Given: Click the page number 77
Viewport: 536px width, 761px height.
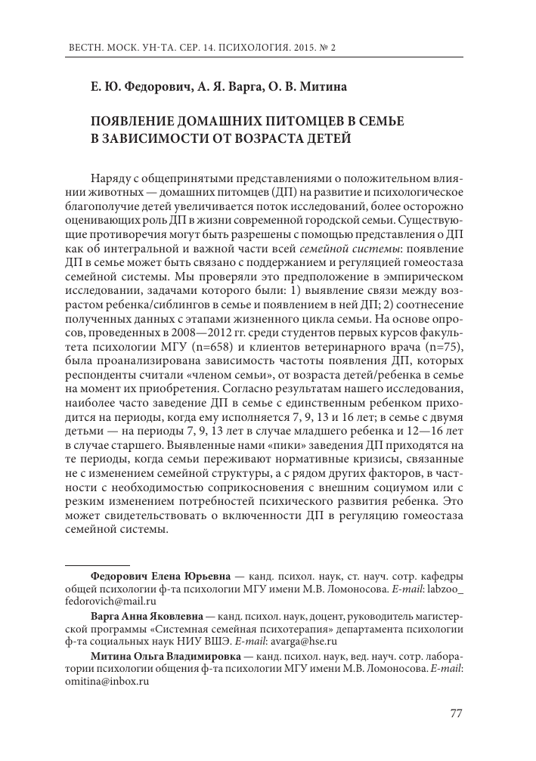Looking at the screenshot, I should tap(456, 713).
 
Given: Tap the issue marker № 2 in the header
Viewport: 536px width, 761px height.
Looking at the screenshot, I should tap(327, 47).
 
